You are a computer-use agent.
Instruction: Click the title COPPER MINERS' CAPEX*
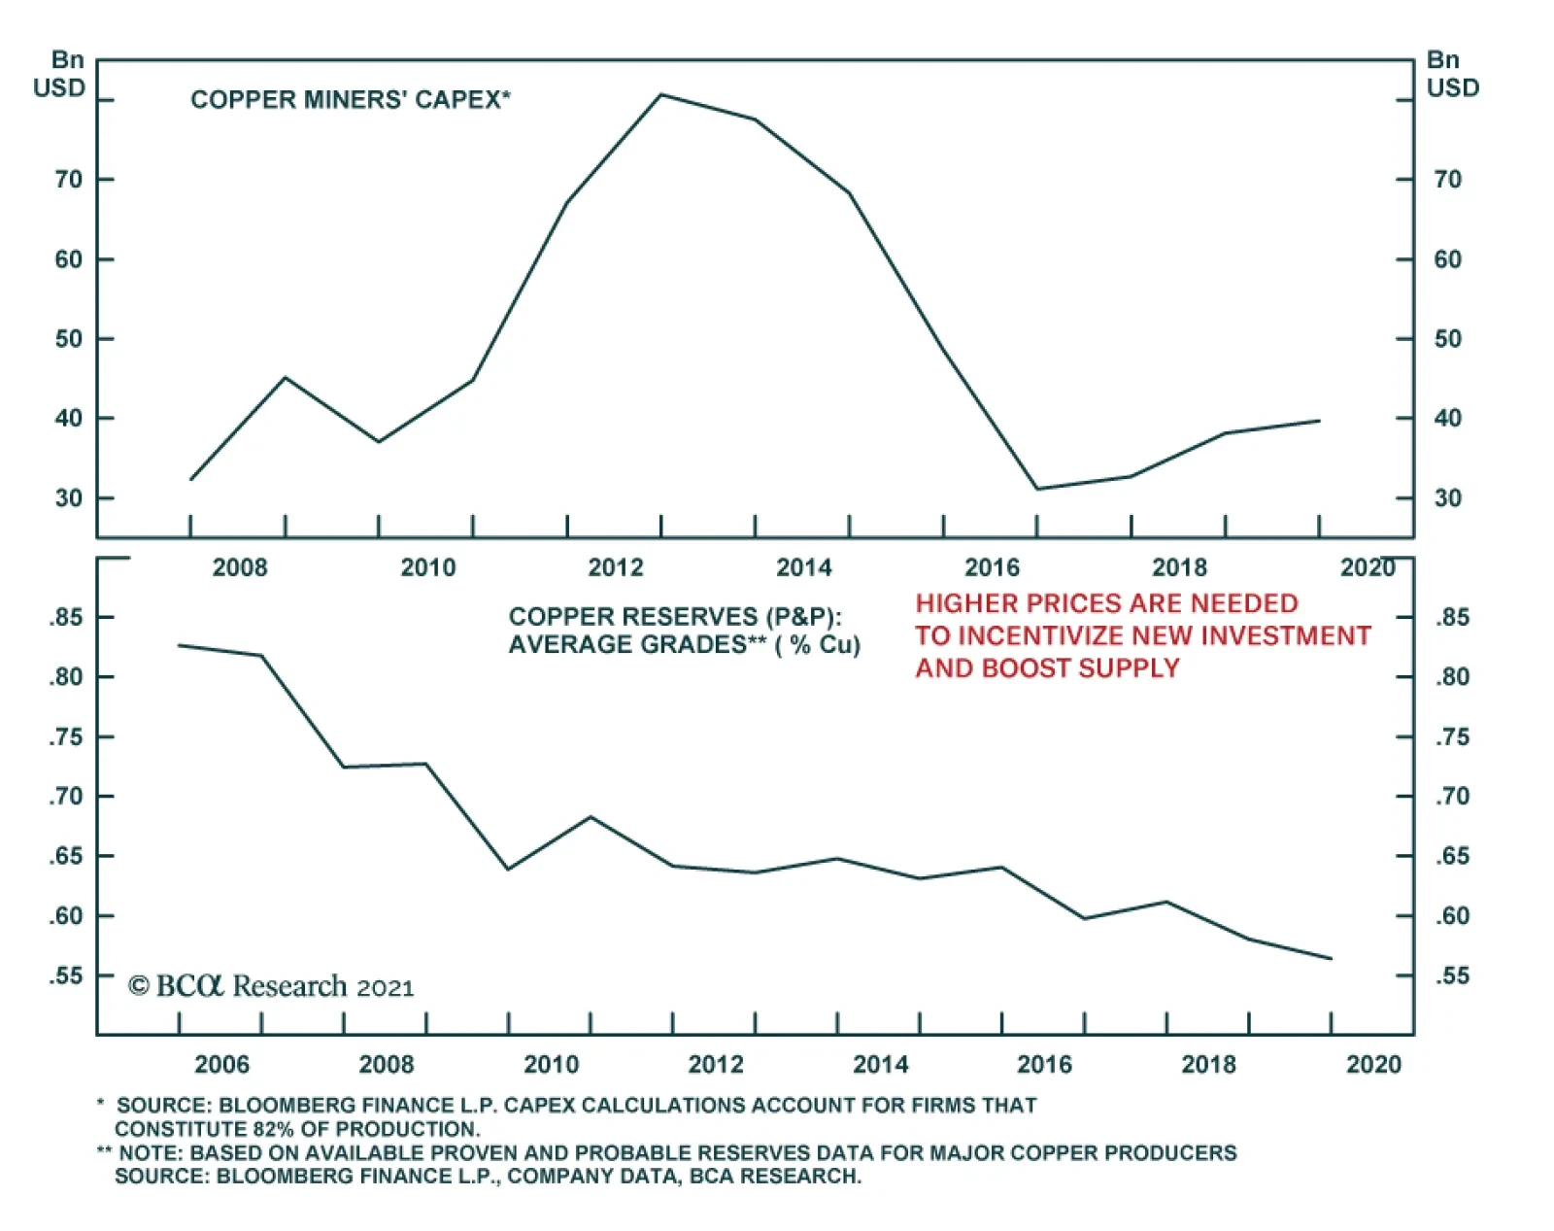[x=350, y=100]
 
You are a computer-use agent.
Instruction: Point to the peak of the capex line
[x=661, y=95]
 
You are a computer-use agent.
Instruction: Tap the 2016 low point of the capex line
[x=1037, y=489]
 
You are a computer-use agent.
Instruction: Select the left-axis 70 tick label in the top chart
[x=69, y=180]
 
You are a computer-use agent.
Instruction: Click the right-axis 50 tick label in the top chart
[x=1447, y=339]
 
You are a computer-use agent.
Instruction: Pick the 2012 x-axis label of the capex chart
[x=616, y=567]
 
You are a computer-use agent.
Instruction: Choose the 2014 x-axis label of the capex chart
[x=804, y=567]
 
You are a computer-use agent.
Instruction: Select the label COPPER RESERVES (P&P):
[x=675, y=617]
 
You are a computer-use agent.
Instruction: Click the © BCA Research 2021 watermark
[x=271, y=986]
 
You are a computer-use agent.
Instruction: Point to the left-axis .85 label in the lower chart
[x=67, y=618]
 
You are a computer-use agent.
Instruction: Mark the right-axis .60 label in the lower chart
[x=1452, y=916]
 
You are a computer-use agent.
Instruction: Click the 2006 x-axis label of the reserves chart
[x=221, y=1065]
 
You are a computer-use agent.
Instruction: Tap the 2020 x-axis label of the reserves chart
[x=1373, y=1065]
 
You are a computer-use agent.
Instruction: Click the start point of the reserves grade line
[x=180, y=645]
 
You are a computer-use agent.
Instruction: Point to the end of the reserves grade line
[x=1331, y=959]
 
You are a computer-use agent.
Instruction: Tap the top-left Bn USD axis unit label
[x=59, y=75]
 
